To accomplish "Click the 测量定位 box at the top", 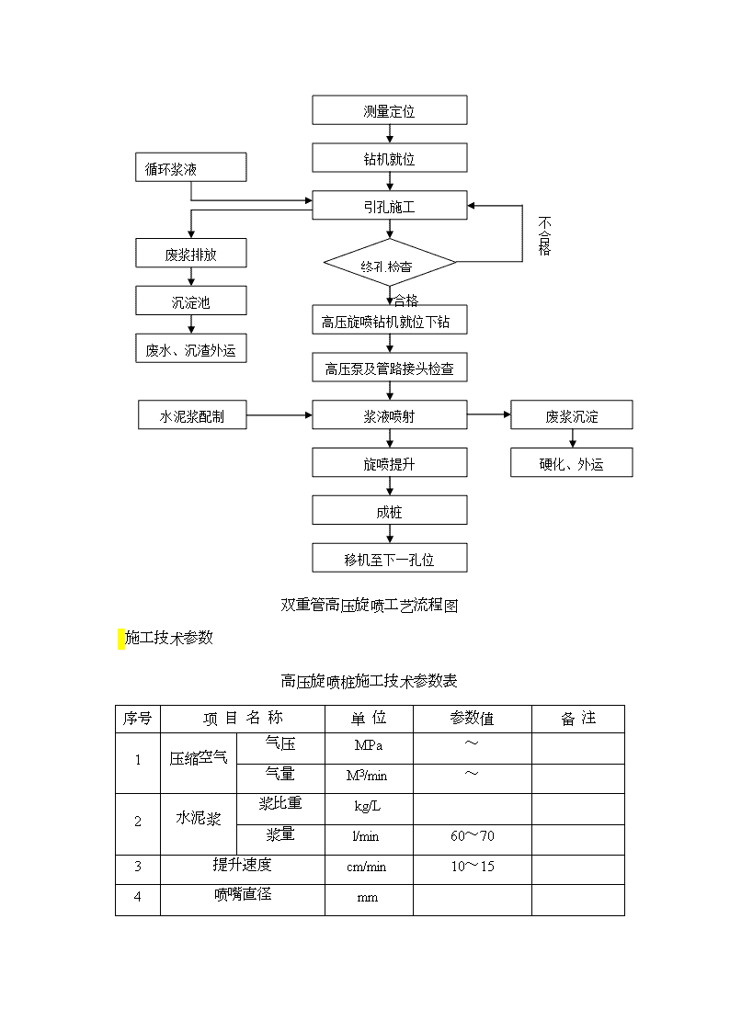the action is point(390,110).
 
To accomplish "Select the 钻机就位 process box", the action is point(390,158).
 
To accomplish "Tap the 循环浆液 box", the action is point(191,167).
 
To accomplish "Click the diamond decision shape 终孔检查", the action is point(390,262).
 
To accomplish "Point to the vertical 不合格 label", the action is point(544,235).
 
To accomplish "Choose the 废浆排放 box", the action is point(191,253).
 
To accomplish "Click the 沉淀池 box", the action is point(191,301).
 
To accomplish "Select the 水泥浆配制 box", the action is point(192,414).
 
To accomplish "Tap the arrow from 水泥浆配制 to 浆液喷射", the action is point(279,415).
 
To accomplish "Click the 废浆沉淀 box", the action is point(571,414).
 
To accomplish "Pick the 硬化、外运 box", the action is point(571,462).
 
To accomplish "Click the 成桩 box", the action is point(390,510).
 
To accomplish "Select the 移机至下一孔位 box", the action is point(390,558).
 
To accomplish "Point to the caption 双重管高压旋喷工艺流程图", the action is point(370,605).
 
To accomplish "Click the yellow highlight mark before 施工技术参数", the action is point(121,639).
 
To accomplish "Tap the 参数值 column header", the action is point(472,718).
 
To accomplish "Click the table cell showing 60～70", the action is point(472,840).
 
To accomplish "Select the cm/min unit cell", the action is point(369,869).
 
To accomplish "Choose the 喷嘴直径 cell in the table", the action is point(242,899).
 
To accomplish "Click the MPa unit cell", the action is point(369,748).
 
